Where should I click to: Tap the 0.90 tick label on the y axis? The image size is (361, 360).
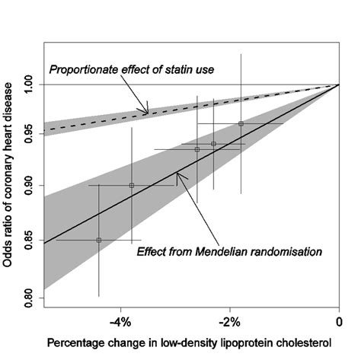coord(27,187)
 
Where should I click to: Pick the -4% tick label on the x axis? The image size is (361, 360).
coord(121,314)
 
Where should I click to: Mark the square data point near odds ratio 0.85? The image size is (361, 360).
coord(99,240)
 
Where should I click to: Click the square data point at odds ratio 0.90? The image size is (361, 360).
coord(132,185)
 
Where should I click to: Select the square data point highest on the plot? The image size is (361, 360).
coord(241,123)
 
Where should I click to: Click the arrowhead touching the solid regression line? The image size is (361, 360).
coord(177,179)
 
